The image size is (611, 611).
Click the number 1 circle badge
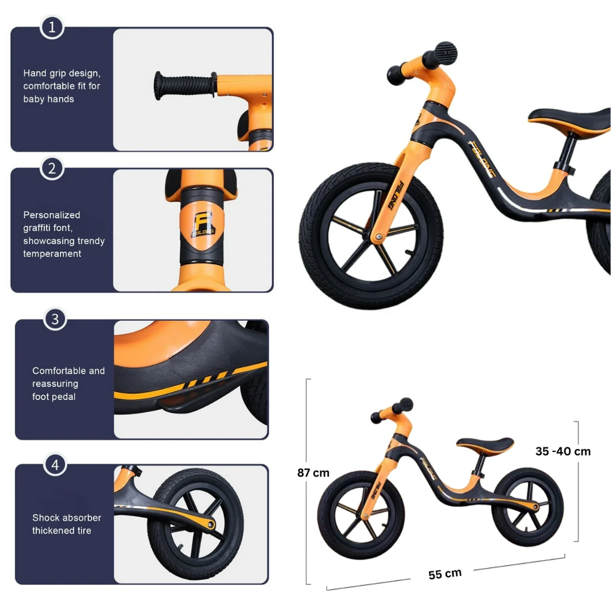point(51,27)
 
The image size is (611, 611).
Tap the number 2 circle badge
point(51,168)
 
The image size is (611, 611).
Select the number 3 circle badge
point(55,319)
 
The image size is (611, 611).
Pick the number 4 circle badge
point(55,465)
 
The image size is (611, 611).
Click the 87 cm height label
point(313,472)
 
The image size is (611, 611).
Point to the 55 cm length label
point(445,574)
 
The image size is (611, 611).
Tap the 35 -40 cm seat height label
point(563,451)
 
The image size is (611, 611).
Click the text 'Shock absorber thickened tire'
point(67,524)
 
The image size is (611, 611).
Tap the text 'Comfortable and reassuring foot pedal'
point(68,384)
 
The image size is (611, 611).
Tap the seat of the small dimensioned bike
point(485,444)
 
